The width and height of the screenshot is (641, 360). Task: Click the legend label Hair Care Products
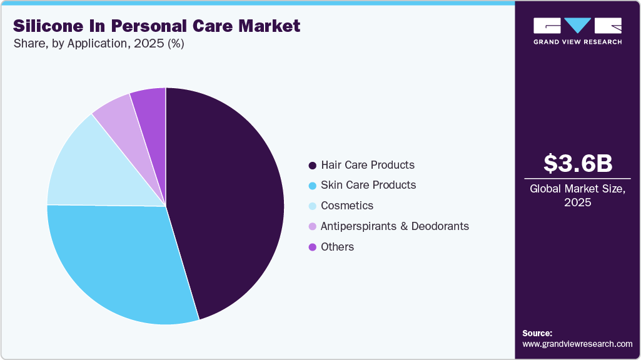(x=367, y=165)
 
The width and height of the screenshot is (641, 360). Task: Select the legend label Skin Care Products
(x=368, y=185)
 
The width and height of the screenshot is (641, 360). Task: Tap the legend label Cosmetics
(x=346, y=206)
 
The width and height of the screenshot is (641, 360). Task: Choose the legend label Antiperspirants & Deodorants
(x=394, y=226)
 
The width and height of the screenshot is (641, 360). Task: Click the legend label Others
(x=337, y=247)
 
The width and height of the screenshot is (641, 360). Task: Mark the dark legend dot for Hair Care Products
(x=312, y=166)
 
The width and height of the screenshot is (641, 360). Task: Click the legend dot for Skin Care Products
(x=312, y=186)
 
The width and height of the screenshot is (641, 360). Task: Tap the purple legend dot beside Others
(x=312, y=247)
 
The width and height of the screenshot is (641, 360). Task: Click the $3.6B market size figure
(x=577, y=163)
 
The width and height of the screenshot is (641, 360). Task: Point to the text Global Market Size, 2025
(x=577, y=196)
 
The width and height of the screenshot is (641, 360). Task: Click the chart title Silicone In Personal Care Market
(x=156, y=26)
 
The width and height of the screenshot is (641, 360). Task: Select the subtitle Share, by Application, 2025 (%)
(x=98, y=44)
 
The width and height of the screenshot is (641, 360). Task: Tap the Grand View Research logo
(x=577, y=30)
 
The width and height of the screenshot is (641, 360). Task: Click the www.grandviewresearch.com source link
(x=577, y=344)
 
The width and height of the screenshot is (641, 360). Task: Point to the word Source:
(x=537, y=333)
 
